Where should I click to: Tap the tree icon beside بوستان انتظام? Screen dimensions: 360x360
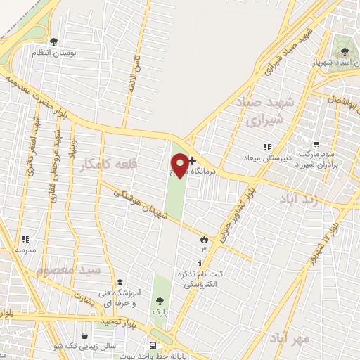click(54, 41)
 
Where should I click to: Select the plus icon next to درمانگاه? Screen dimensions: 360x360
click(192, 160)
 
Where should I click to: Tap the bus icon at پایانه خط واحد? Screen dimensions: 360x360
click(152, 345)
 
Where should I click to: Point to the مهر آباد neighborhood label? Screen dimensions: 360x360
click(289, 339)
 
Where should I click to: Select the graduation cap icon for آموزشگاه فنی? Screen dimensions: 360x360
click(119, 282)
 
